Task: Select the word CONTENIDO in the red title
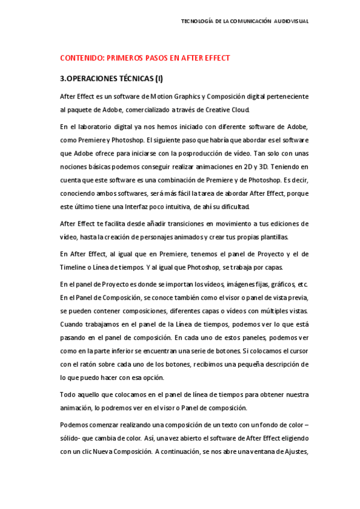coord(81,58)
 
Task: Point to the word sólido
coord(71,439)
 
